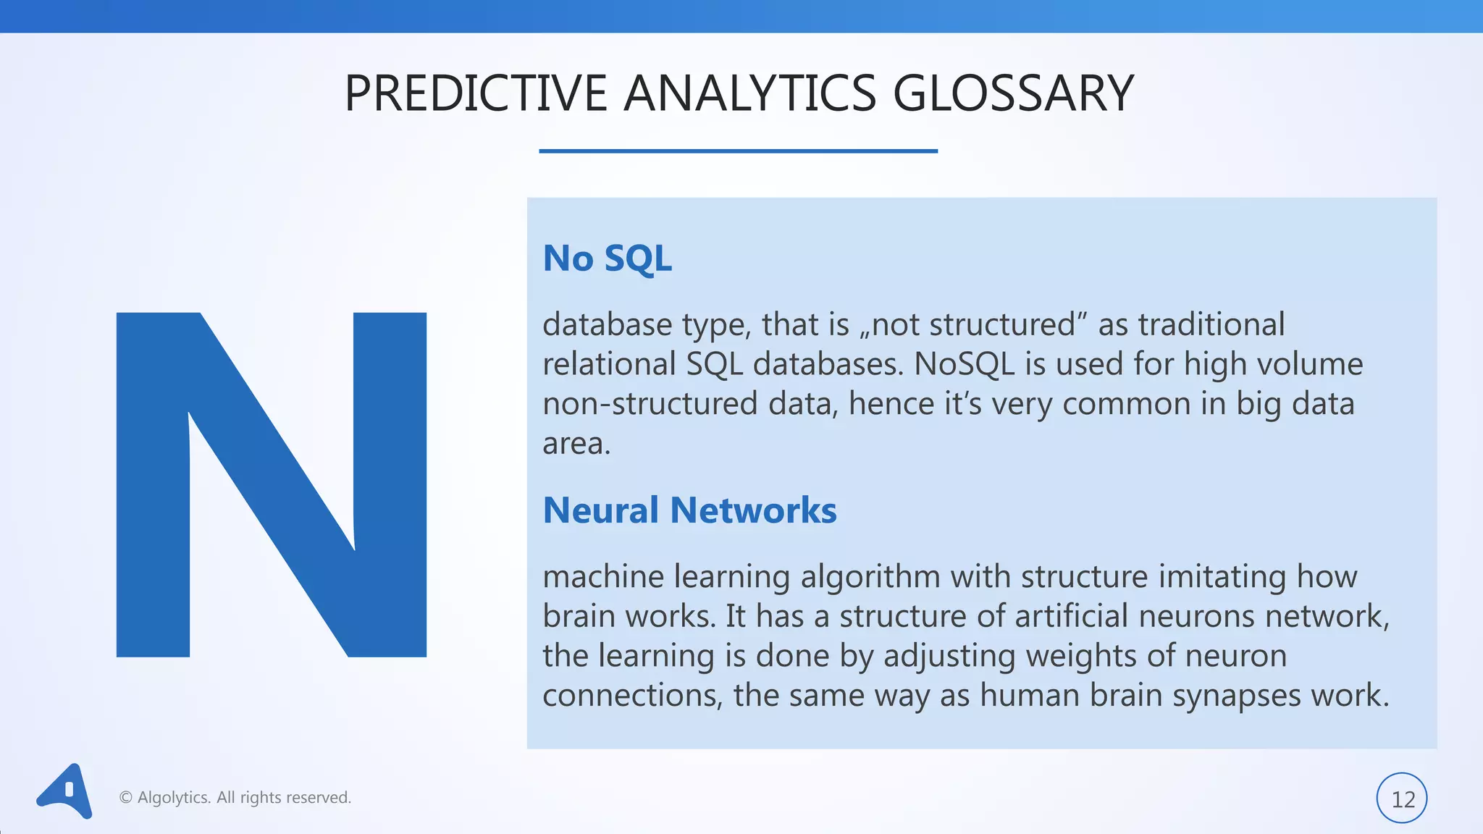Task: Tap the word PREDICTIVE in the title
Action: coord(475,94)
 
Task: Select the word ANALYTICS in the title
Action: coord(749,94)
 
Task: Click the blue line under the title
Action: coord(738,151)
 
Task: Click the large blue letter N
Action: coord(272,485)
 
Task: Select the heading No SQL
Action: coord(607,258)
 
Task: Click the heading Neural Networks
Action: coord(689,510)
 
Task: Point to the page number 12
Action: coord(1402,799)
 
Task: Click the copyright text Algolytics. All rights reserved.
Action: coord(235,798)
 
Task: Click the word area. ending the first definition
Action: coord(576,444)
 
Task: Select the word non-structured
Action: coord(650,404)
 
